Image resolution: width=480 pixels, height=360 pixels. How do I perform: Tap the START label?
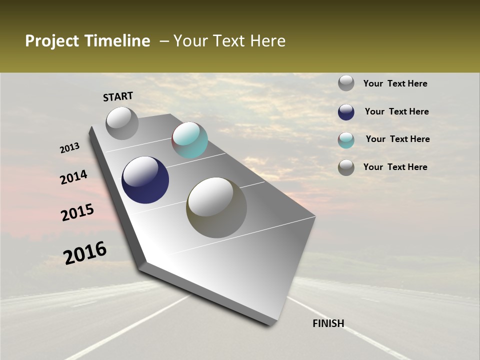(118, 96)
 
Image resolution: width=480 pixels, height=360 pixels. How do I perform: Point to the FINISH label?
(328, 323)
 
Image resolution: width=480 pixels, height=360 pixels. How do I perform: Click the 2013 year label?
(70, 148)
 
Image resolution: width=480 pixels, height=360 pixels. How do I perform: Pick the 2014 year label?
(74, 177)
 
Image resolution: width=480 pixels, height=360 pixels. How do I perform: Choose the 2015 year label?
(77, 212)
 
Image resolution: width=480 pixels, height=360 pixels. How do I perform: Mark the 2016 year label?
(85, 252)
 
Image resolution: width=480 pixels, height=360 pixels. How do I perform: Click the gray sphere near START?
(122, 123)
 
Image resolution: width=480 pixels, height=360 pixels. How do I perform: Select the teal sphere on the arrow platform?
(189, 140)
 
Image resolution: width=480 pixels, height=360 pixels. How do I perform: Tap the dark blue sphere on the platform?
(145, 180)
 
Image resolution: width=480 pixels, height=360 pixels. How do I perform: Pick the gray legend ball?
(346, 83)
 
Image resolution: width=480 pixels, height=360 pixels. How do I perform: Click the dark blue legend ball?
(346, 112)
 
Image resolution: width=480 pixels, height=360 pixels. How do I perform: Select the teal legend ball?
(346, 140)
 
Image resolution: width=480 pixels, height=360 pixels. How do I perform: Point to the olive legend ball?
(346, 167)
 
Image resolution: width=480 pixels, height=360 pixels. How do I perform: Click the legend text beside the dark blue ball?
(396, 111)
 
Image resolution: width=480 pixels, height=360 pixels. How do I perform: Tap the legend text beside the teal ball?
(397, 139)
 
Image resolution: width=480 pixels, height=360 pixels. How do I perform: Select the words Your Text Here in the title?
(229, 41)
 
